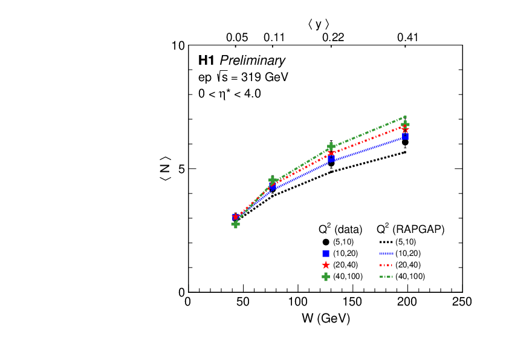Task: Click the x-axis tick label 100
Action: pyautogui.click(x=297, y=303)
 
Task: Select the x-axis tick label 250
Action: pyautogui.click(x=462, y=303)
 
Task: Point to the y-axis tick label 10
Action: pyautogui.click(x=178, y=46)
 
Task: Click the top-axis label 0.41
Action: pyautogui.click(x=407, y=38)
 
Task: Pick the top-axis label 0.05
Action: pyautogui.click(x=237, y=38)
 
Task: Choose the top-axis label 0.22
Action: pyautogui.click(x=332, y=38)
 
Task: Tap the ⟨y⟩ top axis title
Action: pyautogui.click(x=318, y=24)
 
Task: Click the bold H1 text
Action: pyautogui.click(x=207, y=61)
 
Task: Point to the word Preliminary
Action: pyautogui.click(x=252, y=61)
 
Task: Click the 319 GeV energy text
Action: pyautogui.click(x=265, y=77)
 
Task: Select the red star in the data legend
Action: pyautogui.click(x=326, y=265)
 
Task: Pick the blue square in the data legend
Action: pyautogui.click(x=326, y=254)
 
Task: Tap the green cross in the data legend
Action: pyautogui.click(x=326, y=277)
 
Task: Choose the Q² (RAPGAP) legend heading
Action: pyautogui.click(x=410, y=229)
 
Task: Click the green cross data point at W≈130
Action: pyautogui.click(x=331, y=147)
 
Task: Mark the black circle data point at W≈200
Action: pyautogui.click(x=405, y=142)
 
